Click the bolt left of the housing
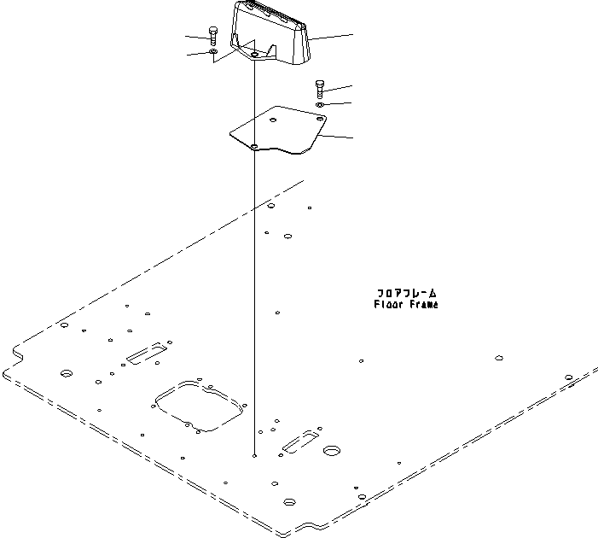[212, 38]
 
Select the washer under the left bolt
[212, 53]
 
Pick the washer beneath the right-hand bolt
[318, 104]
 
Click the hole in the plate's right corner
[320, 120]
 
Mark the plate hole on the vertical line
[255, 146]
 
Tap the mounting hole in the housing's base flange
[254, 56]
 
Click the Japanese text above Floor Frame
[406, 293]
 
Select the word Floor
[387, 304]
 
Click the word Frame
[422, 304]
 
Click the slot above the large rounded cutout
[148, 354]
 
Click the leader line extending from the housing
[331, 38]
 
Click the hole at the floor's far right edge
[569, 377]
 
